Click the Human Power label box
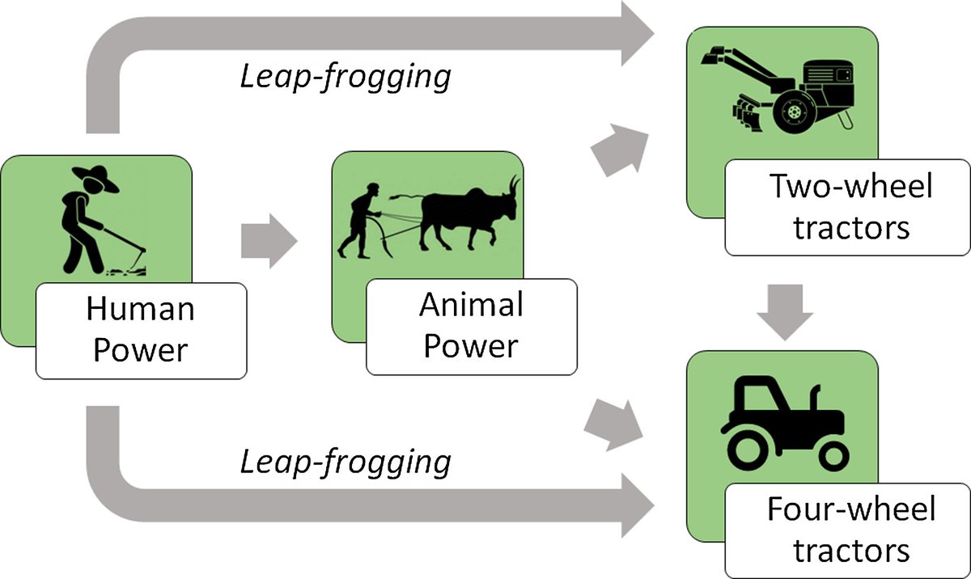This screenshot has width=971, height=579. click(141, 330)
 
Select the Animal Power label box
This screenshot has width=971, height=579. click(471, 327)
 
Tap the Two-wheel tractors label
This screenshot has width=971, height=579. click(851, 207)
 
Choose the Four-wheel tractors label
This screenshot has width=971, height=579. click(851, 530)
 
